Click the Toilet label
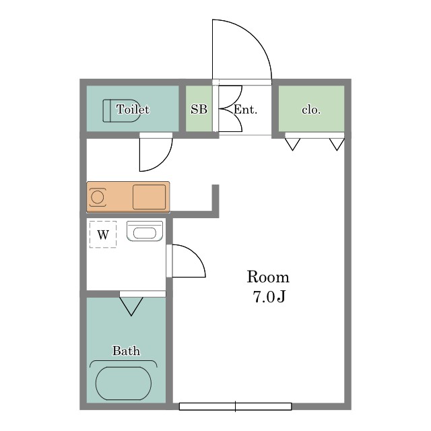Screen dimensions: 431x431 133,109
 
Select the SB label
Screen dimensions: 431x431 199,109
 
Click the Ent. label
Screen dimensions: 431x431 245,110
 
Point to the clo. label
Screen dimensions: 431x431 311,110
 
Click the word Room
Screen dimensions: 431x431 268,277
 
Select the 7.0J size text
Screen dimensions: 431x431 269,297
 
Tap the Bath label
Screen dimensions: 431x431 126,351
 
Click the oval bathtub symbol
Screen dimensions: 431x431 123,383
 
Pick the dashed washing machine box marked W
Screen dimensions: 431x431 103,234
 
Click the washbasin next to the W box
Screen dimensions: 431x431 145,231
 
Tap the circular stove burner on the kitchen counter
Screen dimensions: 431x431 97,197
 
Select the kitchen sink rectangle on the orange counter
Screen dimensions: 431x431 150,197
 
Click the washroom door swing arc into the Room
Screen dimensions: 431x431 196,254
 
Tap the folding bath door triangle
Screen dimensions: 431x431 131,306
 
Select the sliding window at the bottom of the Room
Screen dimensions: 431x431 235,406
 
